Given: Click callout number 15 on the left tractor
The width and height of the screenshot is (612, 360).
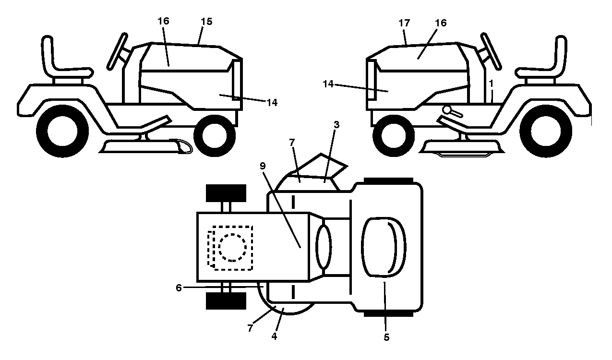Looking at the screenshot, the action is [206, 22].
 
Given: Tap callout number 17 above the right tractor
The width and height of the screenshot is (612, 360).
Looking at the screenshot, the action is [404, 23].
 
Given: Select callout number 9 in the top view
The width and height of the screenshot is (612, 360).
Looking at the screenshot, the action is [263, 166].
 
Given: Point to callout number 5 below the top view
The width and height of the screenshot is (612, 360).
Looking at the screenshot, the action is [386, 337].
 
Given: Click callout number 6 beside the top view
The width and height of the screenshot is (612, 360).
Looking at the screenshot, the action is [179, 288].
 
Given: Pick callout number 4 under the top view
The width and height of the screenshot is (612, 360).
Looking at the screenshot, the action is [274, 336].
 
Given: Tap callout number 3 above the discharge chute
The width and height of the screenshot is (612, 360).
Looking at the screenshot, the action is [336, 125].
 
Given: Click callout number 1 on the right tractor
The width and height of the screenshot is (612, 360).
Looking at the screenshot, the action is [491, 84].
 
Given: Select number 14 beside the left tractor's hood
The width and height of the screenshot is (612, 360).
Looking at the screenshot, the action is [272, 103].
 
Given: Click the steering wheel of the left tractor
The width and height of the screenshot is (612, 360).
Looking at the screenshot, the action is [117, 51].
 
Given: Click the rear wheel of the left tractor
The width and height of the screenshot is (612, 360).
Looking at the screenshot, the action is [62, 131].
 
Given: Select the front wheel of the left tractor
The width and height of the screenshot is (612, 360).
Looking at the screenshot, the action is [215, 135].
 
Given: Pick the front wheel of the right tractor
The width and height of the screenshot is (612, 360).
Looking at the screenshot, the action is [394, 135].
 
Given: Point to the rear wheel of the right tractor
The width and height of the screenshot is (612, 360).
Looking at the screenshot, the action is [546, 131].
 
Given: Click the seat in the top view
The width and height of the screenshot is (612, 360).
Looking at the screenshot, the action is [384, 248].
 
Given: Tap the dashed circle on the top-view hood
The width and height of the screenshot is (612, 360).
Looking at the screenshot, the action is [232, 248].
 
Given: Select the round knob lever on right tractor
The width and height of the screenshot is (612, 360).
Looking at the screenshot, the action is [453, 112].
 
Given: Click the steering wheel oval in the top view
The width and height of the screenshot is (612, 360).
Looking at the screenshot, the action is [324, 247].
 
